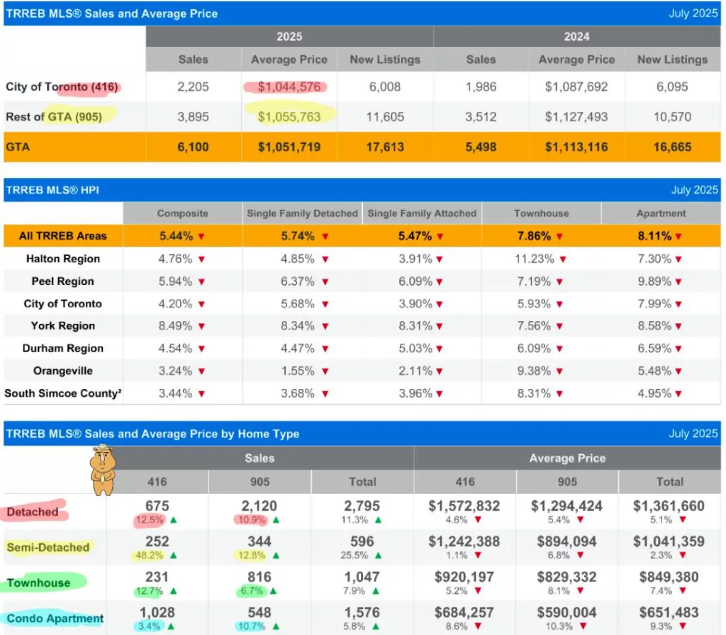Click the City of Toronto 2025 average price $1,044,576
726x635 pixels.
click(289, 87)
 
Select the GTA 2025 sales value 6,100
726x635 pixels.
click(193, 147)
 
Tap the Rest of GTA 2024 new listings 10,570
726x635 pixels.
click(672, 117)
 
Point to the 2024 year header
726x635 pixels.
click(576, 37)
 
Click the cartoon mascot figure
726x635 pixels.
click(102, 468)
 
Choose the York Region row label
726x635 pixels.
click(62, 326)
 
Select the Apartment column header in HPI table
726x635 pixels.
click(661, 213)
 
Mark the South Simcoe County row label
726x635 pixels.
click(62, 393)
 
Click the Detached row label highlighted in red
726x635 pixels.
click(33, 512)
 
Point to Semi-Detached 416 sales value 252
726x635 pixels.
click(157, 542)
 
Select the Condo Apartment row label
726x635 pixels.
click(55, 619)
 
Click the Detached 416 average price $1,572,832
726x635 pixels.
click(464, 506)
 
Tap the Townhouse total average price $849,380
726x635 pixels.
click(669, 577)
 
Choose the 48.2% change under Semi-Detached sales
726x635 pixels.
click(150, 555)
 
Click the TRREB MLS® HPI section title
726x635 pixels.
click(53, 190)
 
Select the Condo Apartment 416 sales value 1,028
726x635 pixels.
click(157, 613)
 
